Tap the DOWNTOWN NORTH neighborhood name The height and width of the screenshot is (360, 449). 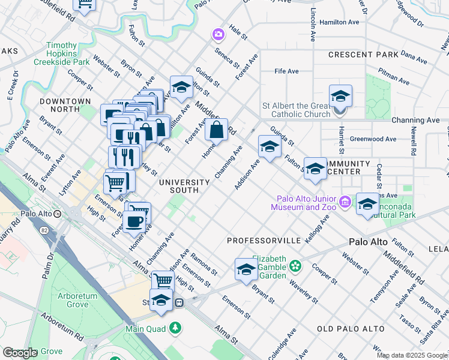tap(65, 105)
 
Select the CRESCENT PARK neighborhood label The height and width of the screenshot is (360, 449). tap(363, 55)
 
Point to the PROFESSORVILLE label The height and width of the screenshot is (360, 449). tap(264, 240)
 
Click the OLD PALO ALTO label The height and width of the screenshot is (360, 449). tap(349, 329)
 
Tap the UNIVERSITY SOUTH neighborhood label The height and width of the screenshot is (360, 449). tap(184, 186)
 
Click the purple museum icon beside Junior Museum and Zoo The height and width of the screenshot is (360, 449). tap(345, 203)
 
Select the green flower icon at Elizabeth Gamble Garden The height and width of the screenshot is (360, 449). tap(295, 265)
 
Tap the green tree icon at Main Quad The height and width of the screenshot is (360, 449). tap(175, 328)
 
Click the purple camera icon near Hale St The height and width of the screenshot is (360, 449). tap(217, 35)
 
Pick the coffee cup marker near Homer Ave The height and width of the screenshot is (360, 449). tap(134, 220)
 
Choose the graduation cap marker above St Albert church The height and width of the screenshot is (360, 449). tap(340, 96)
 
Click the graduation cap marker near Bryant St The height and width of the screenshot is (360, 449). tap(246, 269)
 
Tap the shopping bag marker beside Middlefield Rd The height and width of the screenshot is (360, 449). tap(217, 128)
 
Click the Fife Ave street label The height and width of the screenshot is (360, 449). tap(286, 71)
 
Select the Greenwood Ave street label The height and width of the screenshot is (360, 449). tap(373, 139)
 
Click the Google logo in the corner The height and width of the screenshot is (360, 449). tap(20, 353)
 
